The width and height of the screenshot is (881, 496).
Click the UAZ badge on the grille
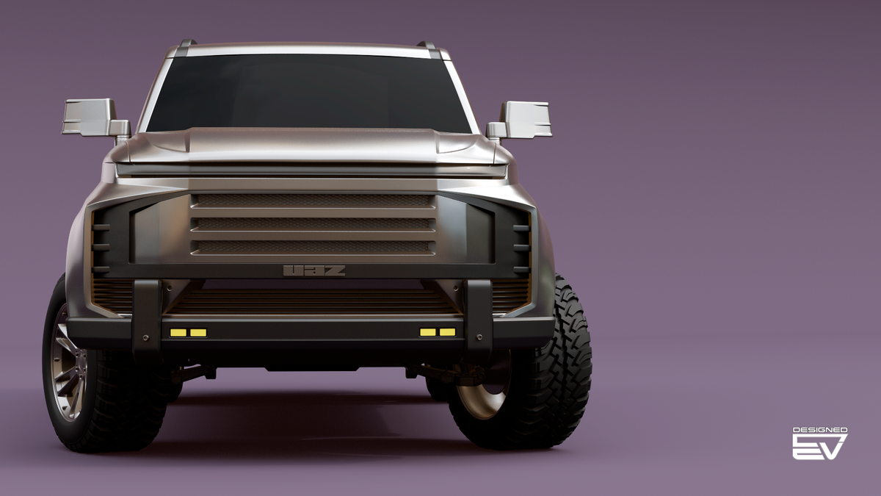click(314, 270)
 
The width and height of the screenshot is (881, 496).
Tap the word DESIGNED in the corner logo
click(820, 431)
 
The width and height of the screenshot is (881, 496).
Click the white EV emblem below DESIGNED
click(819, 447)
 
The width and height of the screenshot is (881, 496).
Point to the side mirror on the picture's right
click(519, 120)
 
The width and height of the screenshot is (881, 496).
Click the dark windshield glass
click(308, 94)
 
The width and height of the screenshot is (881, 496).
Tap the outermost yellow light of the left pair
click(178, 333)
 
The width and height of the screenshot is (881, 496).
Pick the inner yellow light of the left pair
click(198, 333)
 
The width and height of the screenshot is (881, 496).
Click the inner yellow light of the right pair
click(427, 332)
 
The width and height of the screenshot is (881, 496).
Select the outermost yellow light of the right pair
click(448, 332)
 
